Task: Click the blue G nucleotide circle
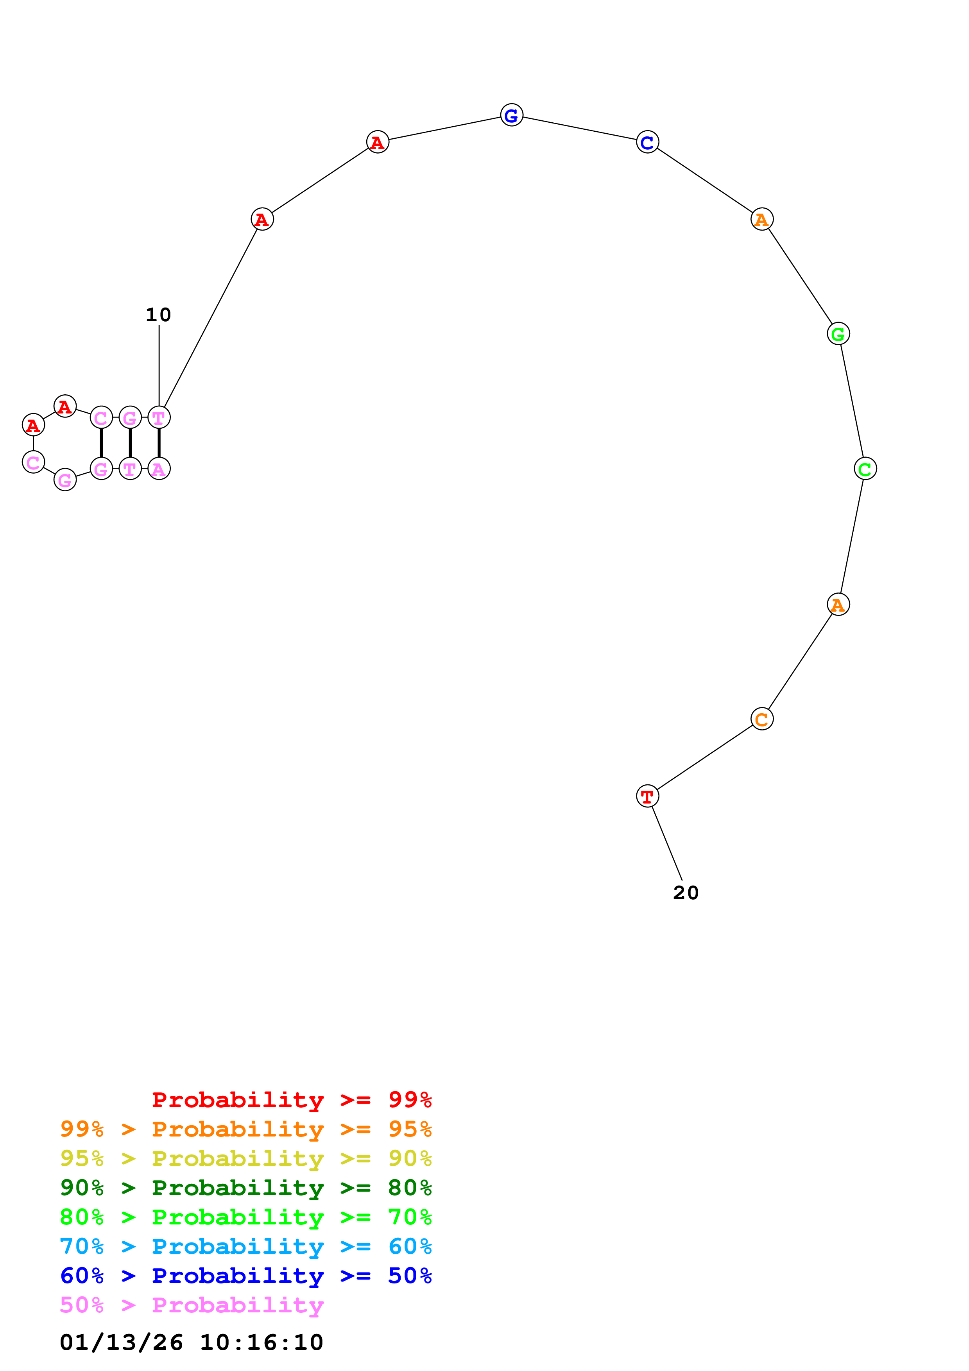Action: point(511,115)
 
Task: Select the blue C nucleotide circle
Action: point(647,142)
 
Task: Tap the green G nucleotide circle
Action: point(838,334)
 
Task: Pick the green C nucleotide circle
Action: point(865,469)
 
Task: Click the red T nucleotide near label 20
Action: point(647,796)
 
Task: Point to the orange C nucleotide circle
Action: point(761,719)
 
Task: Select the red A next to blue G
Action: point(377,142)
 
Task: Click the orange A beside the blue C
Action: point(761,219)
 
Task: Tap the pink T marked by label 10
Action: point(159,417)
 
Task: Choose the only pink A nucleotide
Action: point(159,469)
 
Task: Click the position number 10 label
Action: point(158,315)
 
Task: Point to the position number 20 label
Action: point(685,893)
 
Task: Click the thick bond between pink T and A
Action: point(159,443)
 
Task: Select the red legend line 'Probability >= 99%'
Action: point(291,1100)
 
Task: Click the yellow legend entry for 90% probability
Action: point(245,1158)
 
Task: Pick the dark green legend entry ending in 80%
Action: point(245,1188)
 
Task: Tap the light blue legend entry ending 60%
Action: point(245,1246)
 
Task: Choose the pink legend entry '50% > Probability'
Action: point(191,1305)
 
